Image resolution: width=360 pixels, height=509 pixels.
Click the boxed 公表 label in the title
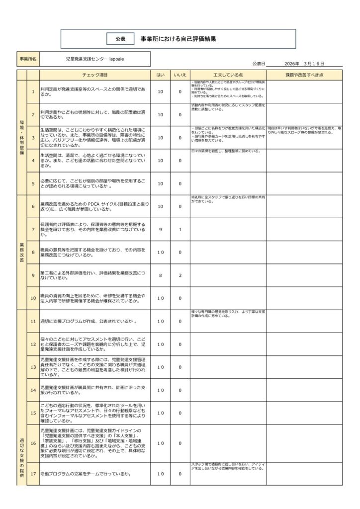(x=120, y=38)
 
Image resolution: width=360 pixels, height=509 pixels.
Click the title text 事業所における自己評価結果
(x=178, y=38)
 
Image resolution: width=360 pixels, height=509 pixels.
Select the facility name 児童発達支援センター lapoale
(x=94, y=59)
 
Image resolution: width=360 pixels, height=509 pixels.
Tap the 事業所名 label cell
(x=28, y=59)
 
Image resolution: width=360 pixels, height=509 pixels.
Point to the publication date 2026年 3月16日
(x=304, y=64)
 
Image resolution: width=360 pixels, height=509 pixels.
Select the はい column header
(x=160, y=75)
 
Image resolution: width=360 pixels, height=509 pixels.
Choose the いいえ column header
(x=180, y=75)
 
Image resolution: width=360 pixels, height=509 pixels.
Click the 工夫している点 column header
(x=228, y=75)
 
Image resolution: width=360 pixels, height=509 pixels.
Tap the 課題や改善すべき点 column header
(x=304, y=75)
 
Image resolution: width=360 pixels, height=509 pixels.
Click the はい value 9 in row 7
(x=160, y=230)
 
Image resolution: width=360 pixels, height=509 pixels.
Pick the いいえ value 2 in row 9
(x=180, y=275)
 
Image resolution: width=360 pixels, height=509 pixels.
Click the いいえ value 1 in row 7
(x=180, y=230)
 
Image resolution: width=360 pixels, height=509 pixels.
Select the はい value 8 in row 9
(x=160, y=275)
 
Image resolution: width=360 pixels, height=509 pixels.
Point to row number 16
(x=33, y=443)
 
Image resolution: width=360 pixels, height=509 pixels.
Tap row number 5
(x=33, y=184)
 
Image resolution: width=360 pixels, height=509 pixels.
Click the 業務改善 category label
(x=21, y=252)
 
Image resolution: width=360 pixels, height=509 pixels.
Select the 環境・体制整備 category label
(x=21, y=138)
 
